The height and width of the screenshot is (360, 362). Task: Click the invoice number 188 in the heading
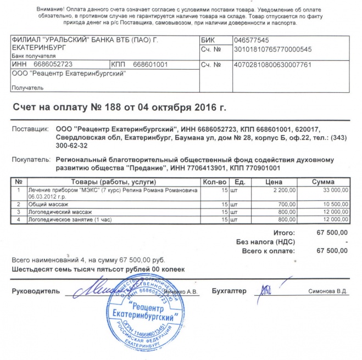coord(108,106)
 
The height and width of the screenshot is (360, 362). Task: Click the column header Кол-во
coord(215,182)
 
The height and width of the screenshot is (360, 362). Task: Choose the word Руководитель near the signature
coord(35,291)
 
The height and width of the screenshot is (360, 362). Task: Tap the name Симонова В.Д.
coord(328,291)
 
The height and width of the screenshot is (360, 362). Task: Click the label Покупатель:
coord(31,160)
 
